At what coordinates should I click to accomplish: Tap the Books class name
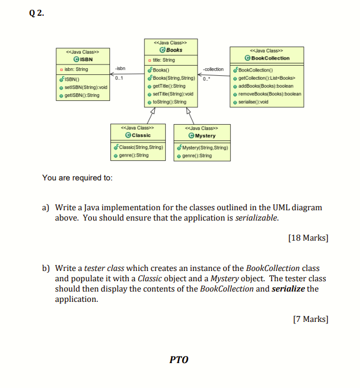174,50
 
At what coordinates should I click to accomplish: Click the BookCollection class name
271,58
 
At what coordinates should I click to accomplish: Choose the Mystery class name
204,135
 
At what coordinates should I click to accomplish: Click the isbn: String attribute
76,69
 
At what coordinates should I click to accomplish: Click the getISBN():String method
82,95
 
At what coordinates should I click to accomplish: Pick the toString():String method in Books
169,101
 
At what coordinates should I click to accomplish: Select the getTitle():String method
169,86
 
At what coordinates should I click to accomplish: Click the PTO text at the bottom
179,359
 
